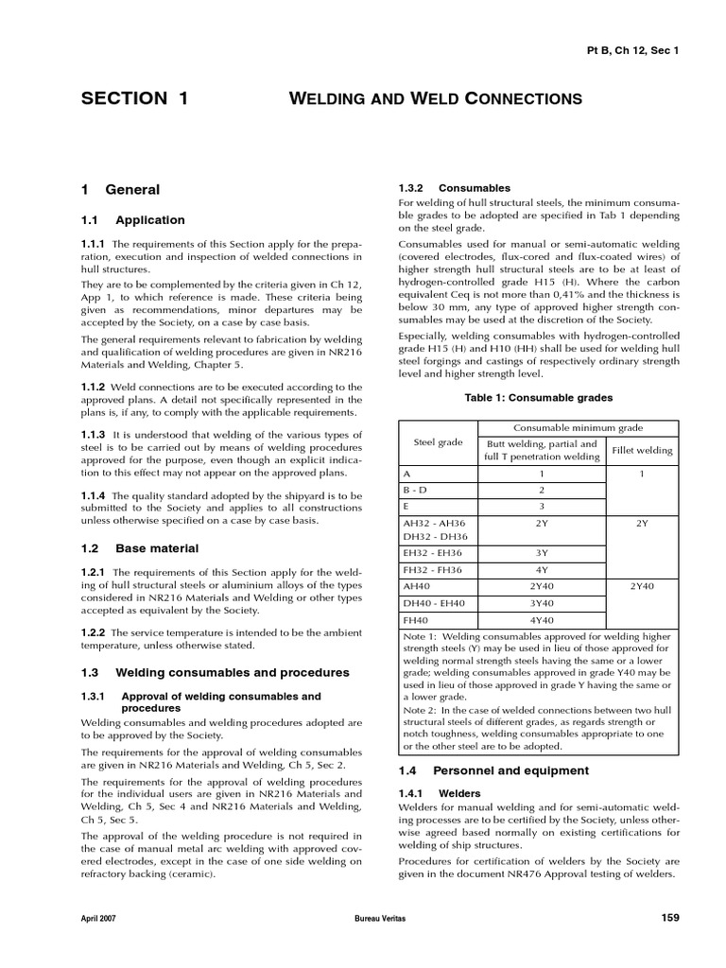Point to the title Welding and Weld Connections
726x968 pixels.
click(434, 98)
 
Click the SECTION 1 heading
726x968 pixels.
click(134, 98)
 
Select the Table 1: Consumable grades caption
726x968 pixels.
click(539, 398)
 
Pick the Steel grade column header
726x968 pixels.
click(438, 441)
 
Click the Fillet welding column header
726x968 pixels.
click(642, 450)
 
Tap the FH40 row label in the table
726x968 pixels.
click(417, 620)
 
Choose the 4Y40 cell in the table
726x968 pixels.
click(541, 620)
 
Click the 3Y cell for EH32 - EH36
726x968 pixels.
click(541, 552)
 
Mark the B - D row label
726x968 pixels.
click(417, 490)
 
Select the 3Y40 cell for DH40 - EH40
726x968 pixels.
click(541, 603)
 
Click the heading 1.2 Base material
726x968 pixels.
click(140, 548)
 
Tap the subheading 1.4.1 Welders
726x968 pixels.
click(441, 793)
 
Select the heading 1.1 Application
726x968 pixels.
click(133, 220)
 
